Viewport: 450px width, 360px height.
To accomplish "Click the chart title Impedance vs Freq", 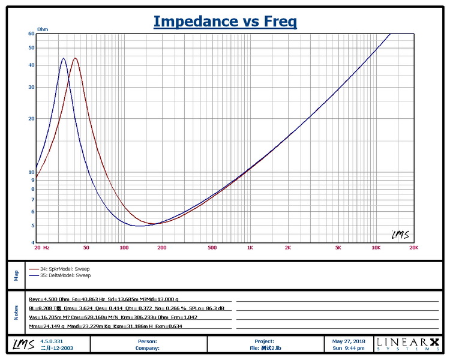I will pos(225,22).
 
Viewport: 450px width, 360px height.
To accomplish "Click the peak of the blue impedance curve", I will pos(64,58).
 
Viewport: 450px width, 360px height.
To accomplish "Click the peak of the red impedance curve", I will pos(75,58).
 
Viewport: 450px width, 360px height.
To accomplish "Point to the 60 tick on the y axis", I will pos(31,34).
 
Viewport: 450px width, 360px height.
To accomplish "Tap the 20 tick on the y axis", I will pos(31,118).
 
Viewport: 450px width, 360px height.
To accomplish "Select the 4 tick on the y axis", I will pos(32,242).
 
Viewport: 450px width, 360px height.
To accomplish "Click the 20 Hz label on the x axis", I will pos(41,247).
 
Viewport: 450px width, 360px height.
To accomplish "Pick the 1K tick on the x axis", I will pos(250,247).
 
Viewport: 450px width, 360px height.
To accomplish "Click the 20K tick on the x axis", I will pos(413,247).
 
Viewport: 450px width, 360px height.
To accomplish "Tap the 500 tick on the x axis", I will pos(212,247).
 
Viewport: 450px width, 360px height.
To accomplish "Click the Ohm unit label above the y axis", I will pos(43,29).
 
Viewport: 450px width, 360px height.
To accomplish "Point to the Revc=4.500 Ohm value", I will pos(47,298).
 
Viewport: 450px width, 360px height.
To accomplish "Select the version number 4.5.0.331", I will pos(51,341).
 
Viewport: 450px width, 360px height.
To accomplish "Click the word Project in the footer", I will pos(264,341).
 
